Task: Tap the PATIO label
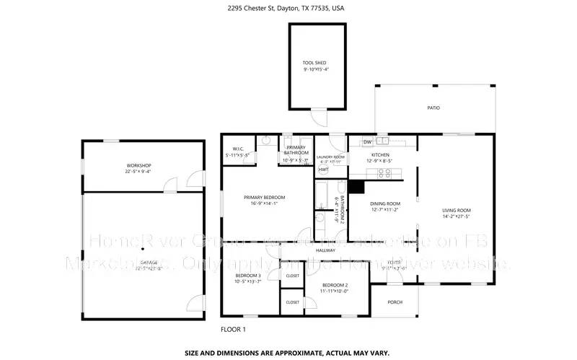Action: point(433,108)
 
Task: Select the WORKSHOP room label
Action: point(138,166)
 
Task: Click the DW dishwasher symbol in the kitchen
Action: point(367,142)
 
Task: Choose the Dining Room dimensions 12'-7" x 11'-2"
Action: point(385,211)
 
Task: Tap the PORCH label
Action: point(395,302)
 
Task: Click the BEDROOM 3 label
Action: point(247,276)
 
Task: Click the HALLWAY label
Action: point(325,250)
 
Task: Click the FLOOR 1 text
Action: point(233,330)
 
